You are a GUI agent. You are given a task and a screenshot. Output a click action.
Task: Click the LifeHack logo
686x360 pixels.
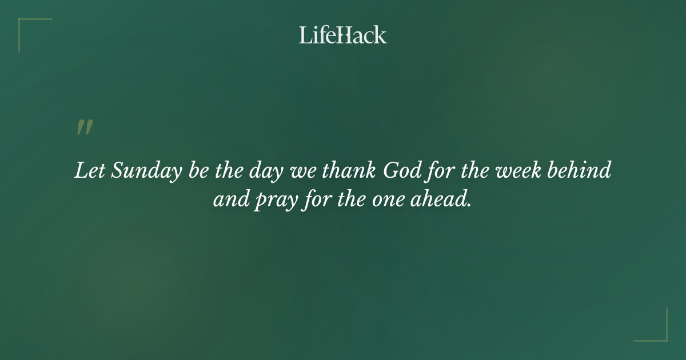[x=343, y=35]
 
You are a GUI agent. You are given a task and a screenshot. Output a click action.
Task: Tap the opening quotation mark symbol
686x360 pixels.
[x=84, y=127]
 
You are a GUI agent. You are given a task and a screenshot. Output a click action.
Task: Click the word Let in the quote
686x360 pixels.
[x=89, y=170]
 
